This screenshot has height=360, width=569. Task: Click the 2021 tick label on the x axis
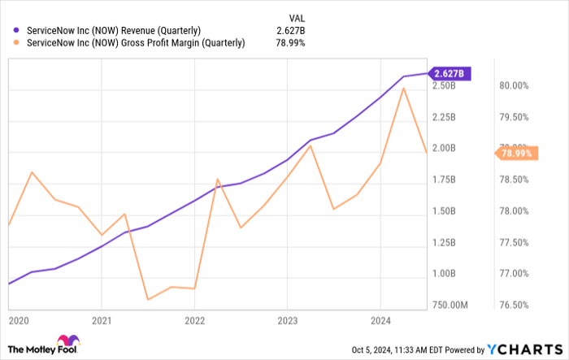(x=101, y=320)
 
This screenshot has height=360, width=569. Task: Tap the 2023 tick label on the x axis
(x=287, y=320)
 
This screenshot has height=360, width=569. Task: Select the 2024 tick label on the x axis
(x=380, y=320)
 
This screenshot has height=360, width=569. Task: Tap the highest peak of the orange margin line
(x=404, y=88)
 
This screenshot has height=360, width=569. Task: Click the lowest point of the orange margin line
(x=147, y=300)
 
